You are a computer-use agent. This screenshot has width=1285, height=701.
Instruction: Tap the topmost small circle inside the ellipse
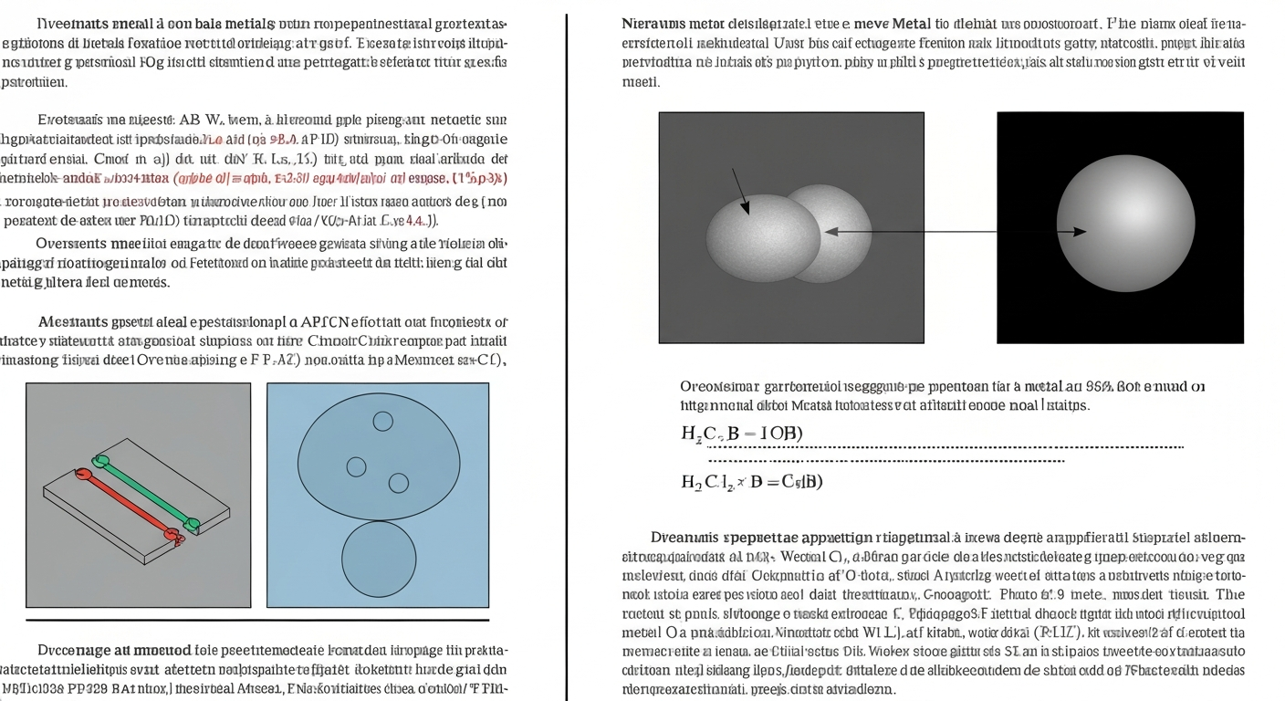pos(383,421)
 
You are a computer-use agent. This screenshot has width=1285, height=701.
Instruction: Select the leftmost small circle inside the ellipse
pos(356,466)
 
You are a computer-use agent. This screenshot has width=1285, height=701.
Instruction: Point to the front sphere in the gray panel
pos(763,238)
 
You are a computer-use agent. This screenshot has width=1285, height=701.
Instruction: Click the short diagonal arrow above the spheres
pos(740,192)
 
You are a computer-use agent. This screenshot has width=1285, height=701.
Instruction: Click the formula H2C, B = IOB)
pos(741,433)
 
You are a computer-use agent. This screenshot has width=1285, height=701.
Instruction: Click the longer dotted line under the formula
pos(945,447)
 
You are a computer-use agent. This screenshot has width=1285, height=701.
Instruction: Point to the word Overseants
pos(71,244)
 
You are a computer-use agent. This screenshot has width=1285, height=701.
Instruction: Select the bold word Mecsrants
pos(73,321)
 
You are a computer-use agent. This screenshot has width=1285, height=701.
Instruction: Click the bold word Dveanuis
pos(683,537)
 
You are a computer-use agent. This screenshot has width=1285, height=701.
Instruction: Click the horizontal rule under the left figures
pos(257,621)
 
